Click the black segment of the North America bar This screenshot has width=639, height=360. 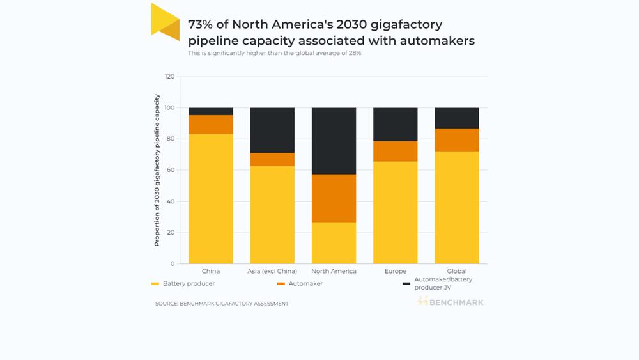pyautogui.click(x=334, y=141)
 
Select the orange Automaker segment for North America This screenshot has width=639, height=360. pyautogui.click(x=334, y=198)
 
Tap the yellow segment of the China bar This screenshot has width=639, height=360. pyautogui.click(x=211, y=199)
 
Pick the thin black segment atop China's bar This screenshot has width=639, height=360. pyautogui.click(x=211, y=111)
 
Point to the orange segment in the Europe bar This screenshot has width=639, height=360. pyautogui.click(x=396, y=152)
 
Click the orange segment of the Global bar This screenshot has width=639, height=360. pyautogui.click(x=457, y=140)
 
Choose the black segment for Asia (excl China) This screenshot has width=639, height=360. pyautogui.click(x=272, y=130)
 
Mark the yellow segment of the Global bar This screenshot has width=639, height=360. pyautogui.click(x=457, y=208)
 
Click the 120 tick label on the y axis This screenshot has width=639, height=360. pyautogui.click(x=169, y=77)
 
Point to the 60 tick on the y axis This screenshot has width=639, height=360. pyautogui.click(x=171, y=170)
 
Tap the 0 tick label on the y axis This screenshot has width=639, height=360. pyautogui.click(x=173, y=264)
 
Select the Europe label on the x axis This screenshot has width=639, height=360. pyautogui.click(x=396, y=271)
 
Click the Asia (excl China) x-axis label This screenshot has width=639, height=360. pyautogui.click(x=272, y=271)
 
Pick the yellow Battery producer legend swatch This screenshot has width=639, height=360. pyautogui.click(x=155, y=284)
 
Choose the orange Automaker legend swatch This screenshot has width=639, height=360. pyautogui.click(x=281, y=284)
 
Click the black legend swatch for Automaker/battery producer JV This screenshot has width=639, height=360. pyautogui.click(x=406, y=284)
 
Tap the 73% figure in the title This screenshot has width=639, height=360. pyautogui.click(x=200, y=24)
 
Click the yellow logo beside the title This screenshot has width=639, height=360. pyautogui.click(x=166, y=22)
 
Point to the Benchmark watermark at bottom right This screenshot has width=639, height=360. pyautogui.click(x=450, y=302)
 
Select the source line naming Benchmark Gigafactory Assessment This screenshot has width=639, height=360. pyautogui.click(x=222, y=304)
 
